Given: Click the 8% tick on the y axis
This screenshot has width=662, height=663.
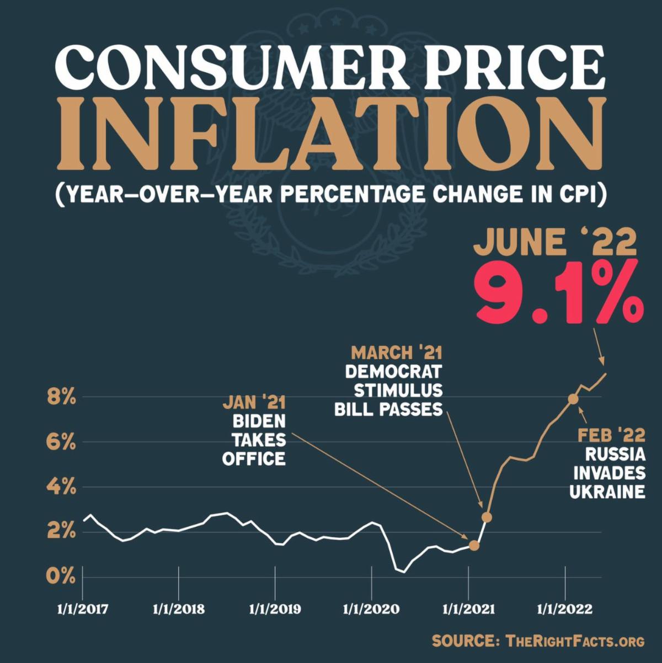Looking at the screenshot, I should tap(61, 397).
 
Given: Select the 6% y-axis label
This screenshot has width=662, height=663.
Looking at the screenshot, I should tap(61, 442).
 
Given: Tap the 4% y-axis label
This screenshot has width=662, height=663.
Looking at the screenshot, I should tap(61, 488).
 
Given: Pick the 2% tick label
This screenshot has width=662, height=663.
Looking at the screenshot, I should tap(61, 532).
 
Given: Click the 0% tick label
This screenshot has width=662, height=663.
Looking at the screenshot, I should tap(61, 577).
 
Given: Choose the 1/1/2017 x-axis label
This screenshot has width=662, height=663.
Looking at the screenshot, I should tap(83, 610).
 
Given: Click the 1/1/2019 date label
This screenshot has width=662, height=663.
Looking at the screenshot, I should tap(275, 610).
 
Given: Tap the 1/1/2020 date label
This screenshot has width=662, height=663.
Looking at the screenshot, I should tap(371, 610).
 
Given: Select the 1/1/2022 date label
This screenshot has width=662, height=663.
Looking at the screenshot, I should tap(565, 610).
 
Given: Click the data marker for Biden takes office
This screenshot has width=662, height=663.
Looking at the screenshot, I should tap(474, 546).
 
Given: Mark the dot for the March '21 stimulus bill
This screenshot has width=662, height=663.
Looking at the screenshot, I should tap(487, 517).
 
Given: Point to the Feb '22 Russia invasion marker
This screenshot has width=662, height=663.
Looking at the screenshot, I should tap(573, 399).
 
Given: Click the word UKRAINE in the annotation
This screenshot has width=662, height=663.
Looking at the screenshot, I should tap(607, 491).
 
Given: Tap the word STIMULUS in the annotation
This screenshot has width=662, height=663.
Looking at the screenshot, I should tap(398, 391).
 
